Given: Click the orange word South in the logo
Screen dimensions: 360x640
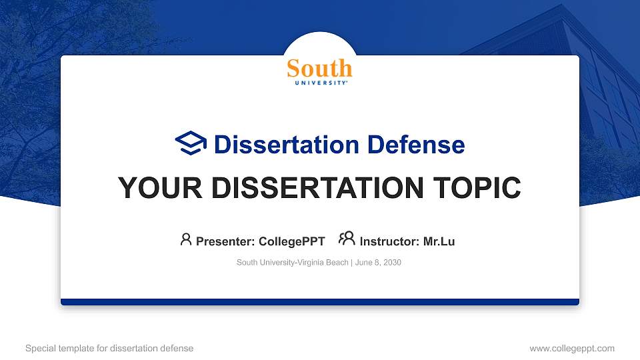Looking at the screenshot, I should click(319, 68).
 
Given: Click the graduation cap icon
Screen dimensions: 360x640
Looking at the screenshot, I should click(191, 143).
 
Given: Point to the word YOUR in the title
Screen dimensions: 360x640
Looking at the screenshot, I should click(151, 189).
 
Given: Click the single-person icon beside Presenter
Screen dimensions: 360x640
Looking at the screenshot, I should click(186, 239).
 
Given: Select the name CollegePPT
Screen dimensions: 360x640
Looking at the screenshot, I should click(292, 241).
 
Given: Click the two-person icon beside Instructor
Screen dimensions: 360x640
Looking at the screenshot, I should click(347, 239).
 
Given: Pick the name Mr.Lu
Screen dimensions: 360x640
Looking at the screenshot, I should click(439, 241).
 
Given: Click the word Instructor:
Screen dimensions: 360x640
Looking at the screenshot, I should click(389, 241).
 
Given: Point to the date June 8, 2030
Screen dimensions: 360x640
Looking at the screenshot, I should click(378, 263).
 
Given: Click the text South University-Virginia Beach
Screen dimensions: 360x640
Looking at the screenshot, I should click(292, 263).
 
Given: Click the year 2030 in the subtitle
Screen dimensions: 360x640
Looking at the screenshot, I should click(391, 263).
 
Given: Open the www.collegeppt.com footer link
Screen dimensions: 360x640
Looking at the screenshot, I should click(571, 348).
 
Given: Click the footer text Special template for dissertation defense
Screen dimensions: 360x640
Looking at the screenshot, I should click(109, 348).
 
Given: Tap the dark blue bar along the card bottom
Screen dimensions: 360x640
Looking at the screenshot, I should click(319, 302).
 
